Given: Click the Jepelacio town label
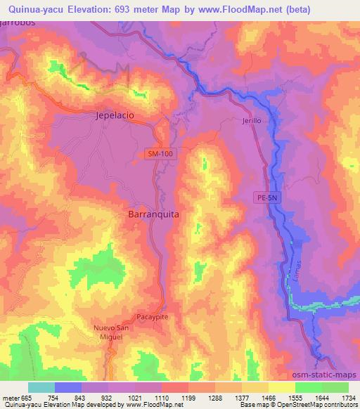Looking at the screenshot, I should click(115, 117).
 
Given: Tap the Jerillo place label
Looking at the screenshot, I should click(251, 121).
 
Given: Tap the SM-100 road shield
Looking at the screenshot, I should click(161, 152).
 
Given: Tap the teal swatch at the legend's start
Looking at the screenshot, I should click(41, 387).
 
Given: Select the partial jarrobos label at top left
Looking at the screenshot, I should click(17, 23).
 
